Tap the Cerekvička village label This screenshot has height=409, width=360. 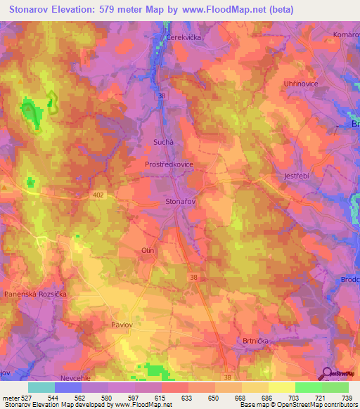click(x=184, y=37)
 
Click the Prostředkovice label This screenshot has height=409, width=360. click(x=170, y=164)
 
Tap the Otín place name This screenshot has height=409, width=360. click(x=148, y=250)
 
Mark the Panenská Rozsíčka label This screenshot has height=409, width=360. click(x=35, y=293)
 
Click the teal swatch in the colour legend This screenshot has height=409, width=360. click(x=41, y=387)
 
